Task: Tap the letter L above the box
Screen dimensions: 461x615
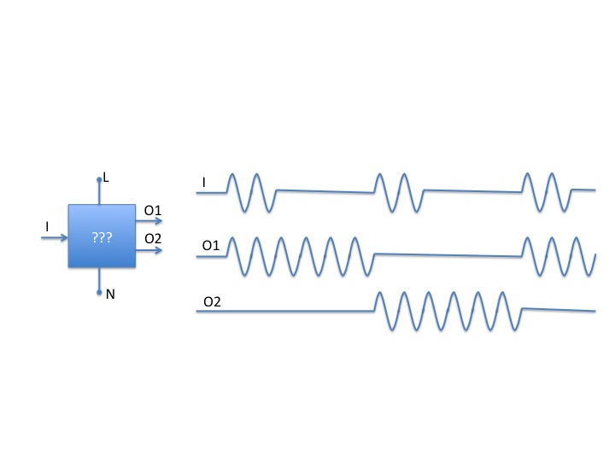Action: coord(106,178)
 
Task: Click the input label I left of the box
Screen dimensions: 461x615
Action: coord(46,226)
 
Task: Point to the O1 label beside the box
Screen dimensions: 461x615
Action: coord(154,211)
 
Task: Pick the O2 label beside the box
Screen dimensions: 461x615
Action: coord(154,238)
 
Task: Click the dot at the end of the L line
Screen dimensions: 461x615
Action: coord(100,180)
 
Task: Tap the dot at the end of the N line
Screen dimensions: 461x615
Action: coord(100,292)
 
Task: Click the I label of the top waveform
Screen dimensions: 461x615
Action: coord(203,182)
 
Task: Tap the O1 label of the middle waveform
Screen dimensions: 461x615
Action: coord(210,245)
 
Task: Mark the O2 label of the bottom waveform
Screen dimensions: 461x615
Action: coord(212,301)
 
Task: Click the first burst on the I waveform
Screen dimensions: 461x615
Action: coord(251,192)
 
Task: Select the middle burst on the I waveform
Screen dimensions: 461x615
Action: coord(398,192)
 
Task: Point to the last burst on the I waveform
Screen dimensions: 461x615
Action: coord(547,192)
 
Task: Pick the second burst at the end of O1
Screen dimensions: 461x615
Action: coord(559,254)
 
